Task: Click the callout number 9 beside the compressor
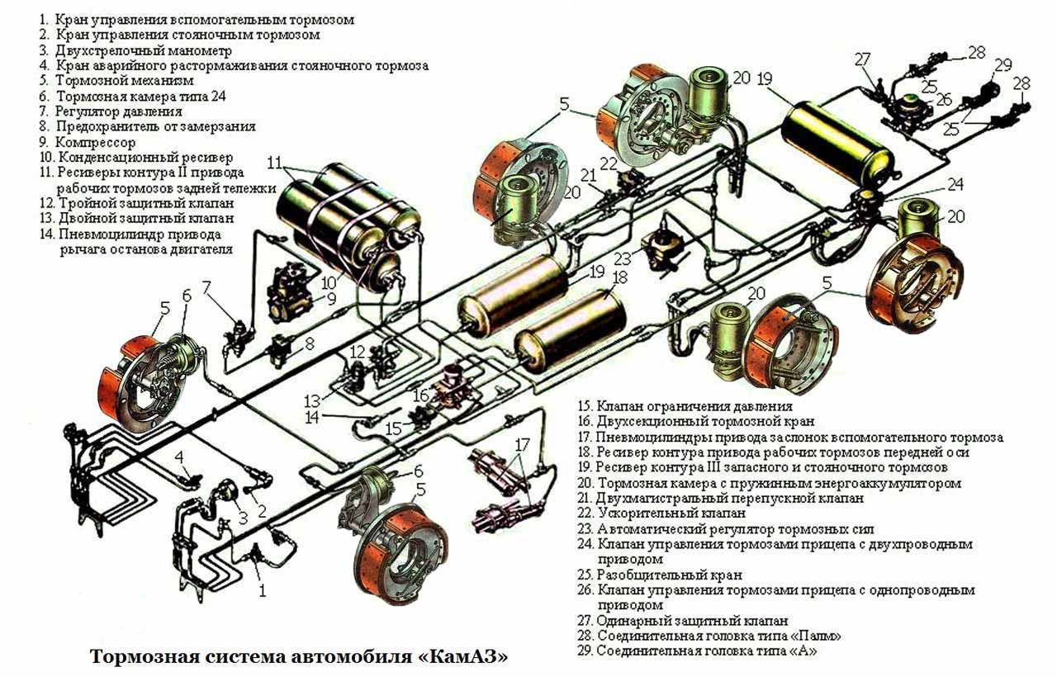point(332,299)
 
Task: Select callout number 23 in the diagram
point(623,259)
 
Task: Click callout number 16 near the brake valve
point(421,395)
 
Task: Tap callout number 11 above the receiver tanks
point(275,163)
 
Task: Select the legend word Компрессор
point(95,142)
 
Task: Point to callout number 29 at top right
point(1003,64)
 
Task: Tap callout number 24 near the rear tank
point(955,184)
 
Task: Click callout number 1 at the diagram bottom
point(263,590)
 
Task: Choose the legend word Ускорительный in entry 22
point(639,513)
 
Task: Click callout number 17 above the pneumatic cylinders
point(523,444)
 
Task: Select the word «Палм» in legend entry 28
point(816,636)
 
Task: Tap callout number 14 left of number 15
point(312,418)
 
